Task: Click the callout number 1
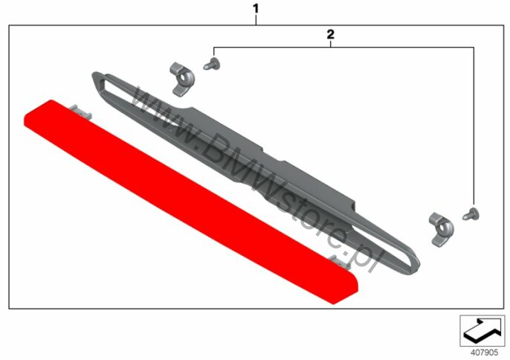click(256, 9)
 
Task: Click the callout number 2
click(330, 34)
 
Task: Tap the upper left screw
click(212, 64)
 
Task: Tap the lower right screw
click(471, 213)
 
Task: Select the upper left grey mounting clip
click(182, 79)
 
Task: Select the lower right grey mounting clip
click(442, 230)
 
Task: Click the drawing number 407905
click(485, 353)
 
